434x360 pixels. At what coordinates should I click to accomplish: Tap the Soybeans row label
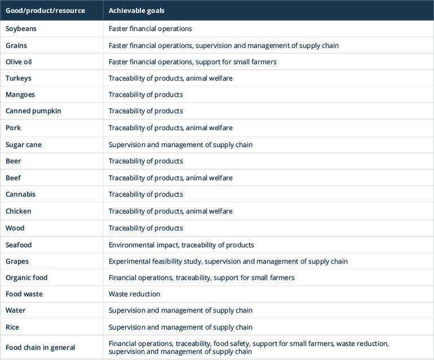coord(20,29)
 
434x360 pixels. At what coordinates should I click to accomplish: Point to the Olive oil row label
coord(20,61)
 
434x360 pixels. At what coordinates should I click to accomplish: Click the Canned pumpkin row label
coord(33,111)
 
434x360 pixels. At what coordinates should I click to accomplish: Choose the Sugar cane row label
coord(24,145)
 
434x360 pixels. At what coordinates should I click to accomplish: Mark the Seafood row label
coord(19,245)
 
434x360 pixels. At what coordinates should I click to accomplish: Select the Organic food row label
coord(26,278)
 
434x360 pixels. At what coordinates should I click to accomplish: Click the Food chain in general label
coord(40,348)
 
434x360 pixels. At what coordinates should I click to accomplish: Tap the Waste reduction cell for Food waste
coord(134,294)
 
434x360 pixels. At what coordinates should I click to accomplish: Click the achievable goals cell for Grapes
coord(228,261)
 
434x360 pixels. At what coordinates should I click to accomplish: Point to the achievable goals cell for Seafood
coord(181,245)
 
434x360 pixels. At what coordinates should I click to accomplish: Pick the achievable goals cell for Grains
coord(223,45)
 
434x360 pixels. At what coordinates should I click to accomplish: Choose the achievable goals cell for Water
coord(180,310)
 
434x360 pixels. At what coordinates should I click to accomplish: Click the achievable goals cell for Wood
coord(145,228)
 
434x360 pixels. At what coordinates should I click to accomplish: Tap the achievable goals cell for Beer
coord(145,161)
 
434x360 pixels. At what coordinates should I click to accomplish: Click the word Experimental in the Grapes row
coord(129,261)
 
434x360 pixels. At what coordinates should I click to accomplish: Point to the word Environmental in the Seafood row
coord(130,245)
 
